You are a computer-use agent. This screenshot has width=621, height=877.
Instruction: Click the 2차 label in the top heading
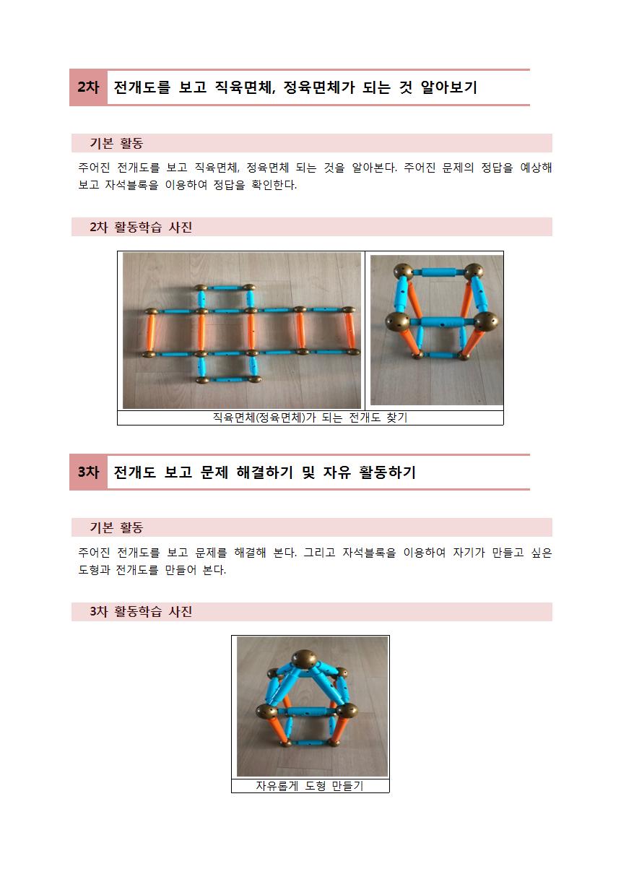(88, 87)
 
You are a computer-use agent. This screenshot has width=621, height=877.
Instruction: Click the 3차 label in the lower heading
(88, 472)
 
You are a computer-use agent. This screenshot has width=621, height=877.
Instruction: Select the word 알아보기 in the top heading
(449, 87)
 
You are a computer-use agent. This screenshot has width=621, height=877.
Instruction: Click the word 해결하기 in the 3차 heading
(264, 472)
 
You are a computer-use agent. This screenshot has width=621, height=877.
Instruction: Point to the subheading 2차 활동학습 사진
(141, 227)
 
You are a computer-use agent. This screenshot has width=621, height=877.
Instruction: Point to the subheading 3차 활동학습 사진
(141, 612)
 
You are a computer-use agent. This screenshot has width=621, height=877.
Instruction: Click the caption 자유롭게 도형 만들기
(310, 785)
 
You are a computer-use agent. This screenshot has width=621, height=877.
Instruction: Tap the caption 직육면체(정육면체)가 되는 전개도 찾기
(310, 418)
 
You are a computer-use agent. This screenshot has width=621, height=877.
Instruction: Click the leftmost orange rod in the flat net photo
(151, 333)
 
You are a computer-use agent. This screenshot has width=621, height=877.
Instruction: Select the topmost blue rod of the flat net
(225, 288)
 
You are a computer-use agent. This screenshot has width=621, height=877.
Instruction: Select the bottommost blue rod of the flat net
(228, 379)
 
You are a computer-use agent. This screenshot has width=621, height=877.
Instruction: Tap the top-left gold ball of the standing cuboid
(403, 271)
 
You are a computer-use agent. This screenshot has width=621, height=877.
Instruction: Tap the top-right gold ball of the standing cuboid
(474, 270)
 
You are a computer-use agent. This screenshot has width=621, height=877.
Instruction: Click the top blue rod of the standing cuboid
(438, 272)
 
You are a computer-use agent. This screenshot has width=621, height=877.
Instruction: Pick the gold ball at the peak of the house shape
(305, 660)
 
